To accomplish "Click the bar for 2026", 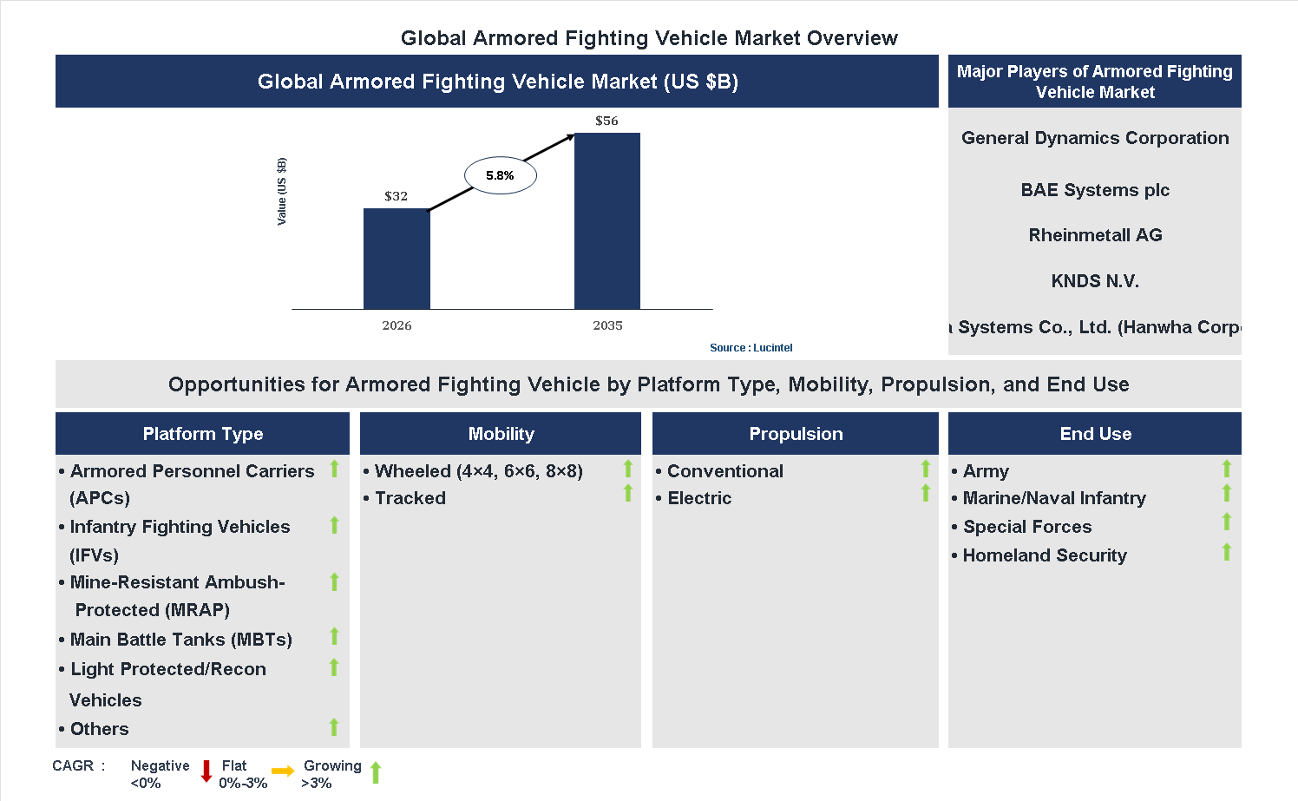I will coord(397,259).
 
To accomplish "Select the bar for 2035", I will coord(607,220).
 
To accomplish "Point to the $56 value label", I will coord(606,121).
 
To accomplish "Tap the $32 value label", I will coord(396,196).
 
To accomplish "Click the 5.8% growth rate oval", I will coord(500,175).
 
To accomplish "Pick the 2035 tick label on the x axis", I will coord(607,325).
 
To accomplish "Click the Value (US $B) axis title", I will coord(281,192).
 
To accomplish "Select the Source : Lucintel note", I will coord(751,347).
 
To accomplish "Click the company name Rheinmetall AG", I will coord(1095,235).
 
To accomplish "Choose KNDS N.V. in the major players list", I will coord(1095,281).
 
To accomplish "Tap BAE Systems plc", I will coord(1095,190).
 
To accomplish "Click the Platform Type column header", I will coord(202,434).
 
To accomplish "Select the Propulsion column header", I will coord(796,434).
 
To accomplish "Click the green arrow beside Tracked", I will coord(628,494).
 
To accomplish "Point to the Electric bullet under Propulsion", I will coord(699,498).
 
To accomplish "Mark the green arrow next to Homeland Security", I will coord(1227,552).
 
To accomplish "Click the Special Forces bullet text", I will coord(1027,527).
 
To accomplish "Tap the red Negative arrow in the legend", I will coord(206,771).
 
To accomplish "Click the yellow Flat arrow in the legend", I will coord(283,771).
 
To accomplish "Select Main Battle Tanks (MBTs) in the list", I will coord(180,640).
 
